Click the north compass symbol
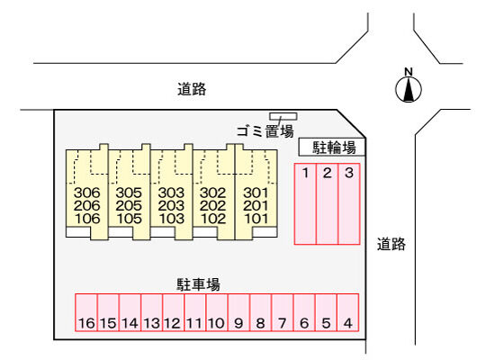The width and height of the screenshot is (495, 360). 409,89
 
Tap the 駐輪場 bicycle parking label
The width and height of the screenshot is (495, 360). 334,148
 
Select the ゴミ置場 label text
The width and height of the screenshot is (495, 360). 265,131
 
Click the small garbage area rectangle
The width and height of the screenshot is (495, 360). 283,116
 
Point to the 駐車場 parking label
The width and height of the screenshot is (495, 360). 198,284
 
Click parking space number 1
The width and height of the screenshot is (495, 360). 305,204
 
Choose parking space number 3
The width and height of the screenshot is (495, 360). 349,204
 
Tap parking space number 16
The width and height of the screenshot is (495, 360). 86,312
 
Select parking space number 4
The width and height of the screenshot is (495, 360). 348,312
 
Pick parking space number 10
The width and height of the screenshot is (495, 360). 217,312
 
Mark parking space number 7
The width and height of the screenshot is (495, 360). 283,312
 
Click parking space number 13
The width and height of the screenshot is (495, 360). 152,312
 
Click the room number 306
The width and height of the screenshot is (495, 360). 86,193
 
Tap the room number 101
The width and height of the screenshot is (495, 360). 256,219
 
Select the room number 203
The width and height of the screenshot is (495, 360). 171,205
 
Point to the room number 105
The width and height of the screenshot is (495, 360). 129,219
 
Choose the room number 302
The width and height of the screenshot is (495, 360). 213,193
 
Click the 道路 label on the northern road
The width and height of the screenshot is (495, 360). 192,89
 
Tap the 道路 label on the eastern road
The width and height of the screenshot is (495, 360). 391,244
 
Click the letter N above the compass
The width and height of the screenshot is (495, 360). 409,72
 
